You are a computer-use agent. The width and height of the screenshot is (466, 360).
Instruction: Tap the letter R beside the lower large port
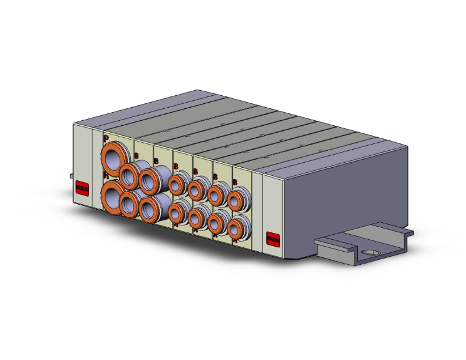coord(106,178)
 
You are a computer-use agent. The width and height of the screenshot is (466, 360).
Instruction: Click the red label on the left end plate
coord(82,188)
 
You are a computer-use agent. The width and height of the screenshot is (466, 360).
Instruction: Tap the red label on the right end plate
coord(273,239)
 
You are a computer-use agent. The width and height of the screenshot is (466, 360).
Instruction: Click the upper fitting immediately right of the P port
coord(130,176)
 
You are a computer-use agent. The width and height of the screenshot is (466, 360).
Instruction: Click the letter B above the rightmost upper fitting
coord(235,182)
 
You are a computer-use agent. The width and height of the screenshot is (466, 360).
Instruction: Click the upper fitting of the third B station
coord(177,185)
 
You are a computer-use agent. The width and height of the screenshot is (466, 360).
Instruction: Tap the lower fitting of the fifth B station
coord(217,221)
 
